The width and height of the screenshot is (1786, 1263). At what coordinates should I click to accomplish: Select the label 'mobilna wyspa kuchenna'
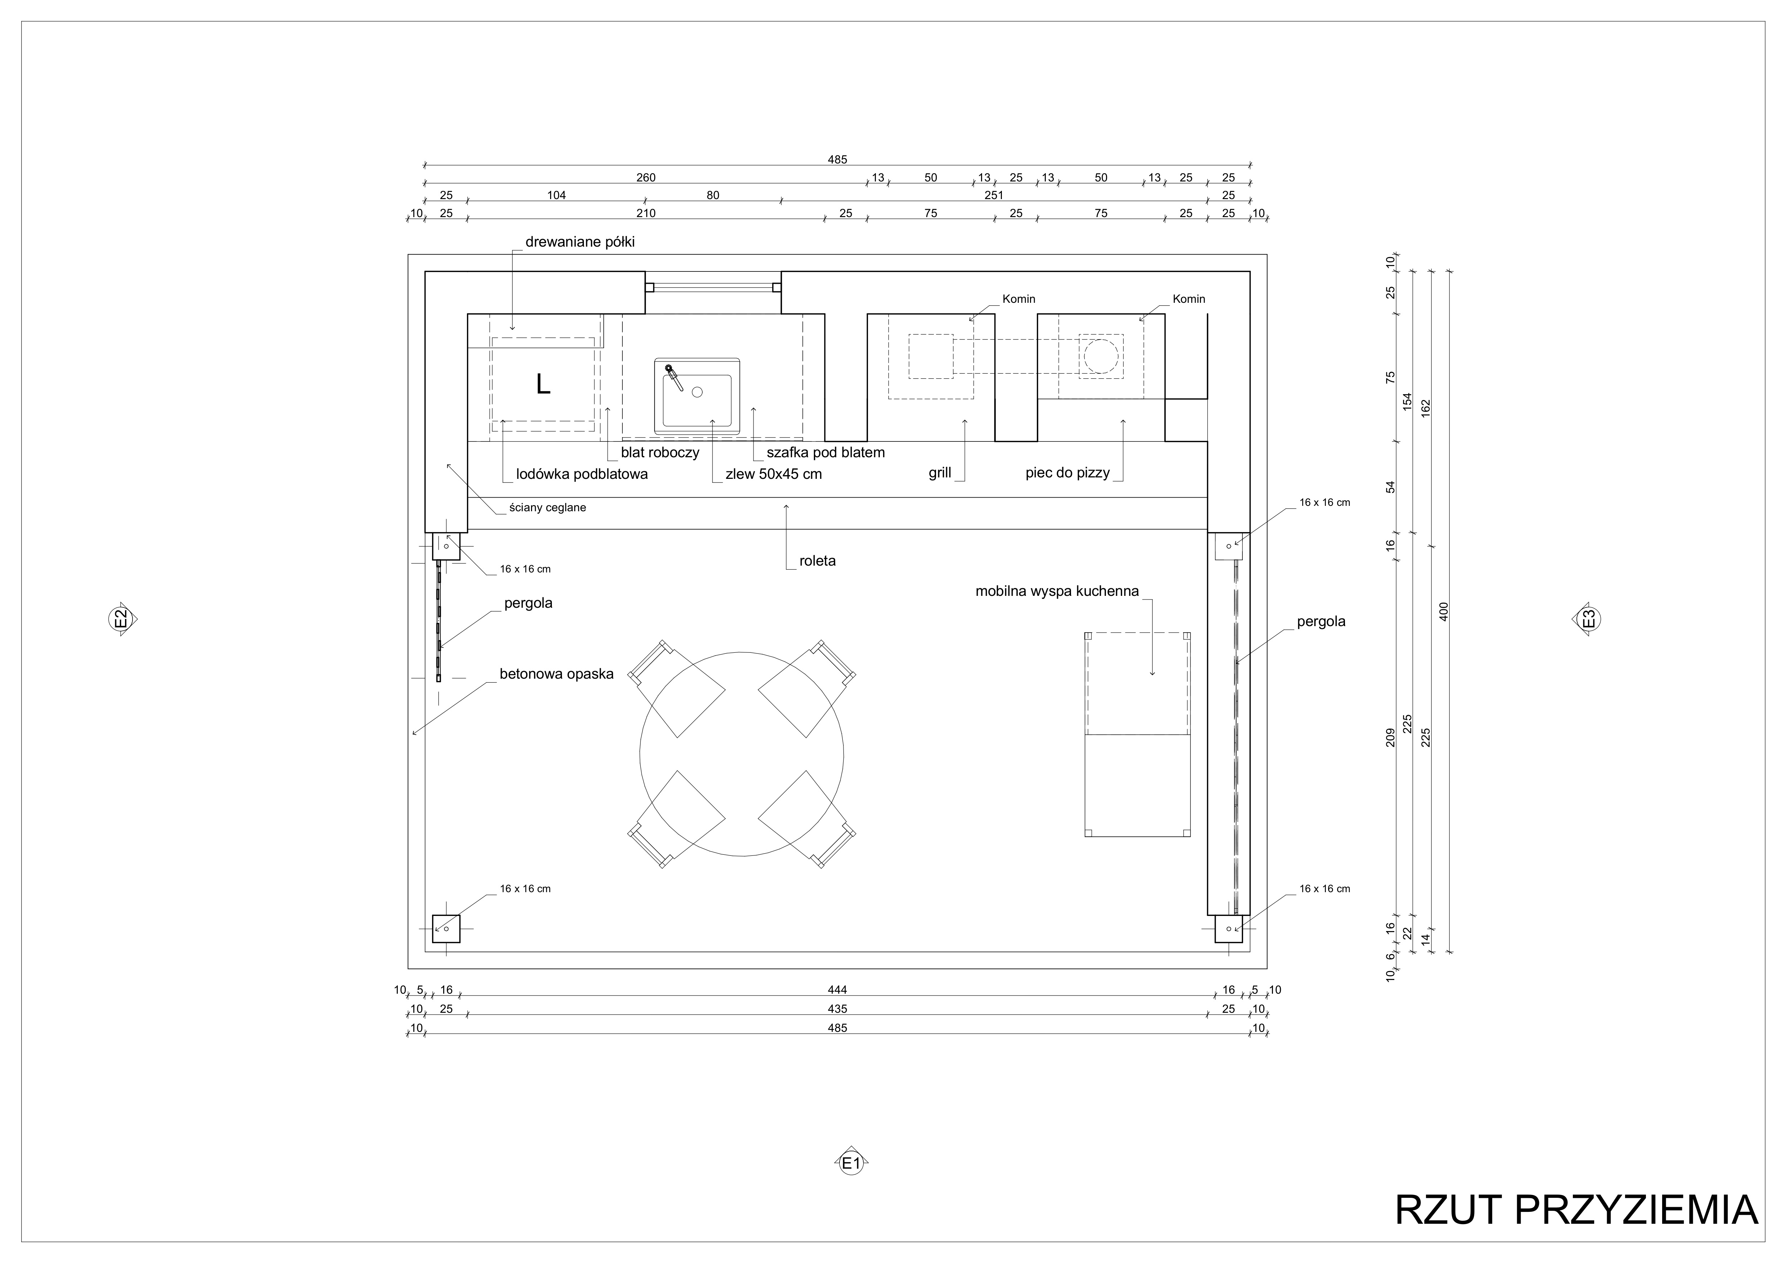click(x=1057, y=591)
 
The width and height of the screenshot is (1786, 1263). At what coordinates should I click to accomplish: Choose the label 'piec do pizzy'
click(x=1067, y=473)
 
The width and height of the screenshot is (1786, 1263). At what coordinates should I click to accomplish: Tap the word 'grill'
click(x=940, y=473)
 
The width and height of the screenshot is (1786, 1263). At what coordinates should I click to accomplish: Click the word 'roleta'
click(x=818, y=561)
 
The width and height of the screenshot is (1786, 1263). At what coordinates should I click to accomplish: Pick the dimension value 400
click(x=1444, y=611)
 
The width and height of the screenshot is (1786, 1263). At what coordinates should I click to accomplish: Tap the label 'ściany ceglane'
click(x=548, y=508)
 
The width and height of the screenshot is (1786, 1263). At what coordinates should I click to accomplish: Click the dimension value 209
click(x=1391, y=737)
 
